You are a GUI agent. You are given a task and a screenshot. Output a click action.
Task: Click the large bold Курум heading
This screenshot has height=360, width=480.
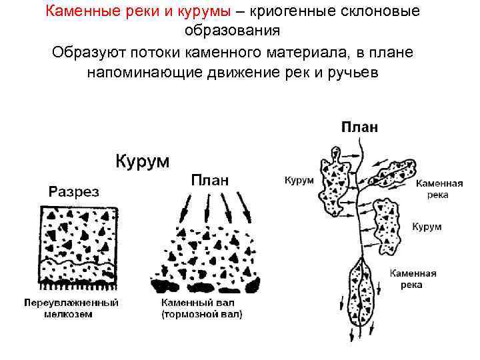[x=143, y=161]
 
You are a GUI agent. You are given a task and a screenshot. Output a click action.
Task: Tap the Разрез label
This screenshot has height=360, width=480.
[x=74, y=192]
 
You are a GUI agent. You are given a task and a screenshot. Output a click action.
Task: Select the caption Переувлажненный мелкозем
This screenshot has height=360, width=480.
[x=71, y=308]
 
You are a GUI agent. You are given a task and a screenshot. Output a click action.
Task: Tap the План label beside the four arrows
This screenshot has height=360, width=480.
[x=210, y=179]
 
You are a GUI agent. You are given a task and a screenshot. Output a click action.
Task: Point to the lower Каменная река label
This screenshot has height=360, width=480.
[x=413, y=279]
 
